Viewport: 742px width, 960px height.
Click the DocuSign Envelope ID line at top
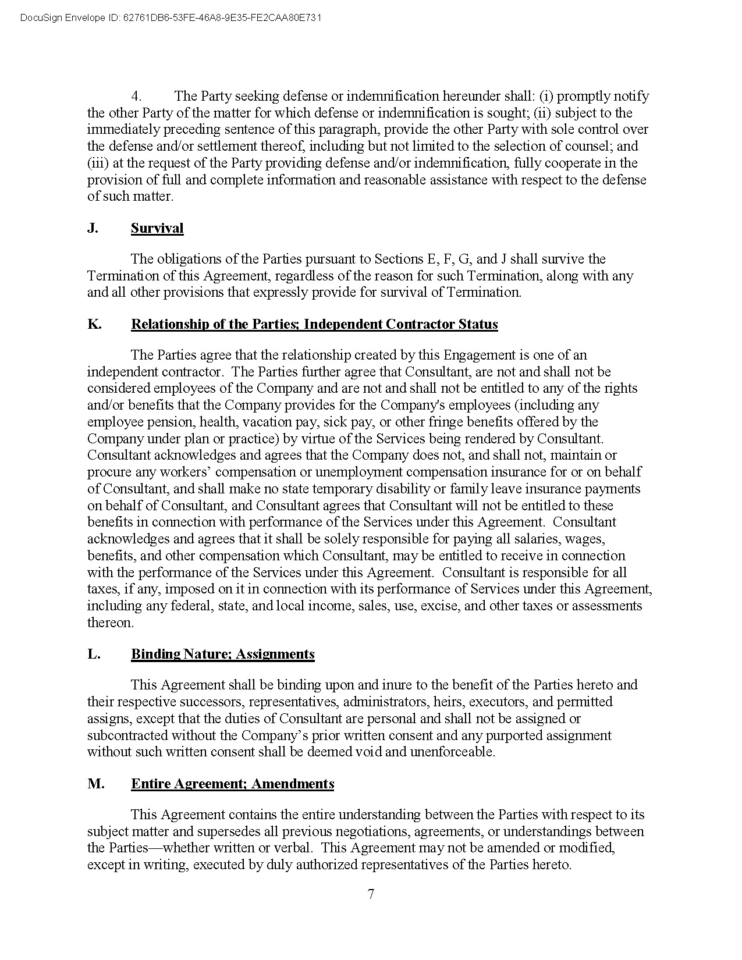[x=171, y=18]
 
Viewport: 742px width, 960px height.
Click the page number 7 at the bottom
[x=371, y=894]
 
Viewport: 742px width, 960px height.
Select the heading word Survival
[x=157, y=228]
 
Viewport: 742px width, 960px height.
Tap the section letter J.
[x=93, y=228]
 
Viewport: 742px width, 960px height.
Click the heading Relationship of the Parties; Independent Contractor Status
[x=314, y=324]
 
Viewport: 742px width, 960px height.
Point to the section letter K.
[x=94, y=324]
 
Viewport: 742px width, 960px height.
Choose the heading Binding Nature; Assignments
[x=223, y=654]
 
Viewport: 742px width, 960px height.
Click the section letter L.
[x=94, y=654]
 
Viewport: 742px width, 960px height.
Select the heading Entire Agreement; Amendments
[x=233, y=784]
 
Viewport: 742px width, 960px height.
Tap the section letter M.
[x=96, y=784]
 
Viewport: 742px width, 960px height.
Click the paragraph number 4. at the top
[x=136, y=96]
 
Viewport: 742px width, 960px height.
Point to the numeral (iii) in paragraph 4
[x=97, y=163]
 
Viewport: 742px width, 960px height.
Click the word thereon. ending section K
[x=111, y=623]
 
